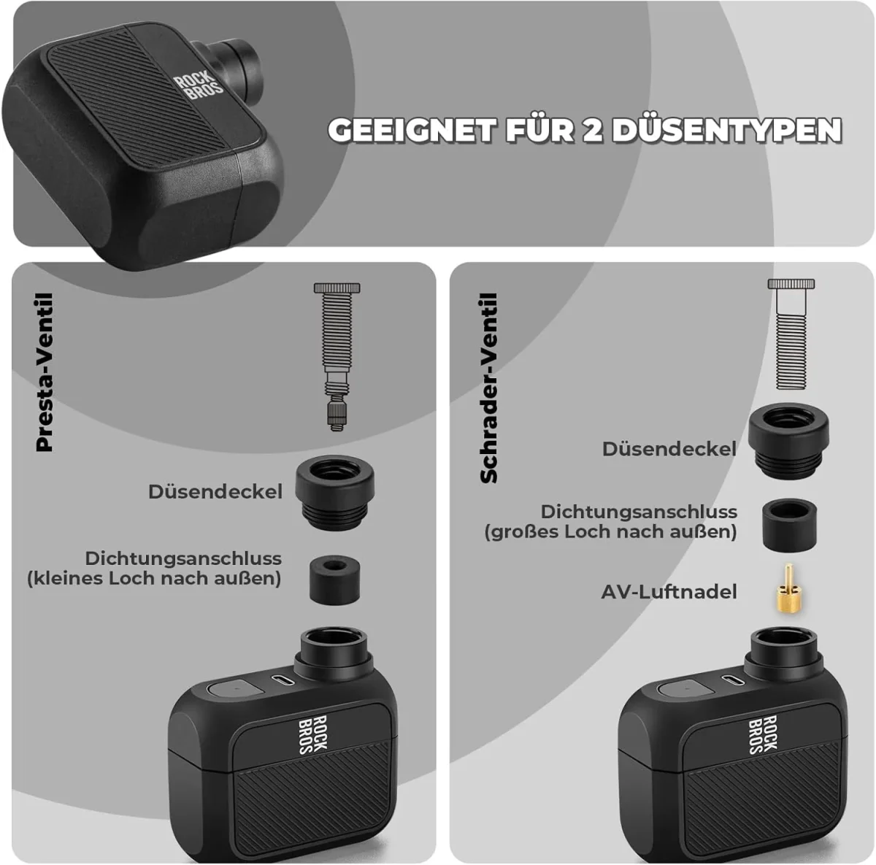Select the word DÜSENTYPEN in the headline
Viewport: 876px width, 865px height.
pyautogui.click(x=726, y=131)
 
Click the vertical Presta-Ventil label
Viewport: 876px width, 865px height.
pyautogui.click(x=45, y=372)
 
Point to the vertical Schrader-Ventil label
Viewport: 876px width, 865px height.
pyautogui.click(x=489, y=388)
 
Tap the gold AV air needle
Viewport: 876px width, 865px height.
pyautogui.click(x=789, y=588)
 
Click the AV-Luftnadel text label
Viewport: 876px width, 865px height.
pyautogui.click(x=669, y=591)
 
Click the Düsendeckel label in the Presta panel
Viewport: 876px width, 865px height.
pyautogui.click(x=215, y=491)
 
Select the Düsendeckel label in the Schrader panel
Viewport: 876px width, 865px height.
pyautogui.click(x=669, y=448)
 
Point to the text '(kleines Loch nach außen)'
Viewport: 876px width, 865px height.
pyautogui.click(x=154, y=579)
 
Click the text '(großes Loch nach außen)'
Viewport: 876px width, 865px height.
pyautogui.click(x=610, y=531)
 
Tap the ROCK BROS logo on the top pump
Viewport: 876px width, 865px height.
pyautogui.click(x=199, y=87)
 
